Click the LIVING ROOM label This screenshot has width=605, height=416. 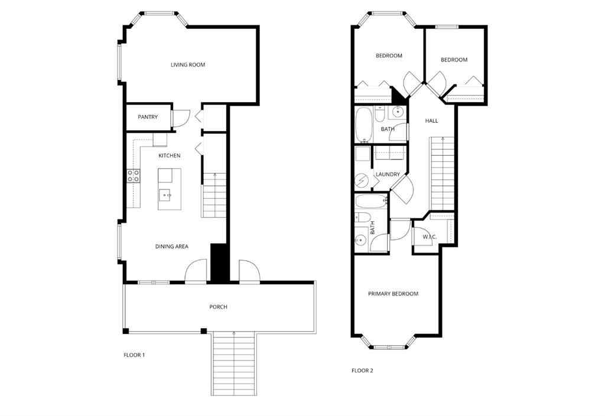click(x=188, y=65)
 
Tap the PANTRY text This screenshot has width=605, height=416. click(x=148, y=117)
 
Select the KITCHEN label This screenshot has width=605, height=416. click(x=169, y=156)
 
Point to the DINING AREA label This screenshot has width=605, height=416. click(x=171, y=247)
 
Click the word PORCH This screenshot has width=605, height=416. click(x=218, y=307)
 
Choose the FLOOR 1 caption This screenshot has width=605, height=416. click(x=134, y=355)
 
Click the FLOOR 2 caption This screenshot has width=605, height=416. click(x=362, y=371)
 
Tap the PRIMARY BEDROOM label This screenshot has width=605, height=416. click(x=393, y=294)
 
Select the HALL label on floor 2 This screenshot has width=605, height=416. click(x=431, y=121)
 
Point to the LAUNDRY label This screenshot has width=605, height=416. click(x=388, y=175)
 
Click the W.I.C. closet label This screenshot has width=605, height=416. click(x=429, y=238)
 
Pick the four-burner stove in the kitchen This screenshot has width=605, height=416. click(x=134, y=175)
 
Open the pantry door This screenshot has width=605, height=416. click(x=180, y=118)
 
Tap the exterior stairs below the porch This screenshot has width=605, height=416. click(x=234, y=363)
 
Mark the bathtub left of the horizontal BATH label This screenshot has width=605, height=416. click(x=363, y=123)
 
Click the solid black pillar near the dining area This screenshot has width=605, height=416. click(x=219, y=263)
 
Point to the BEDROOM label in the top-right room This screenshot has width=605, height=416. click(x=454, y=60)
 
